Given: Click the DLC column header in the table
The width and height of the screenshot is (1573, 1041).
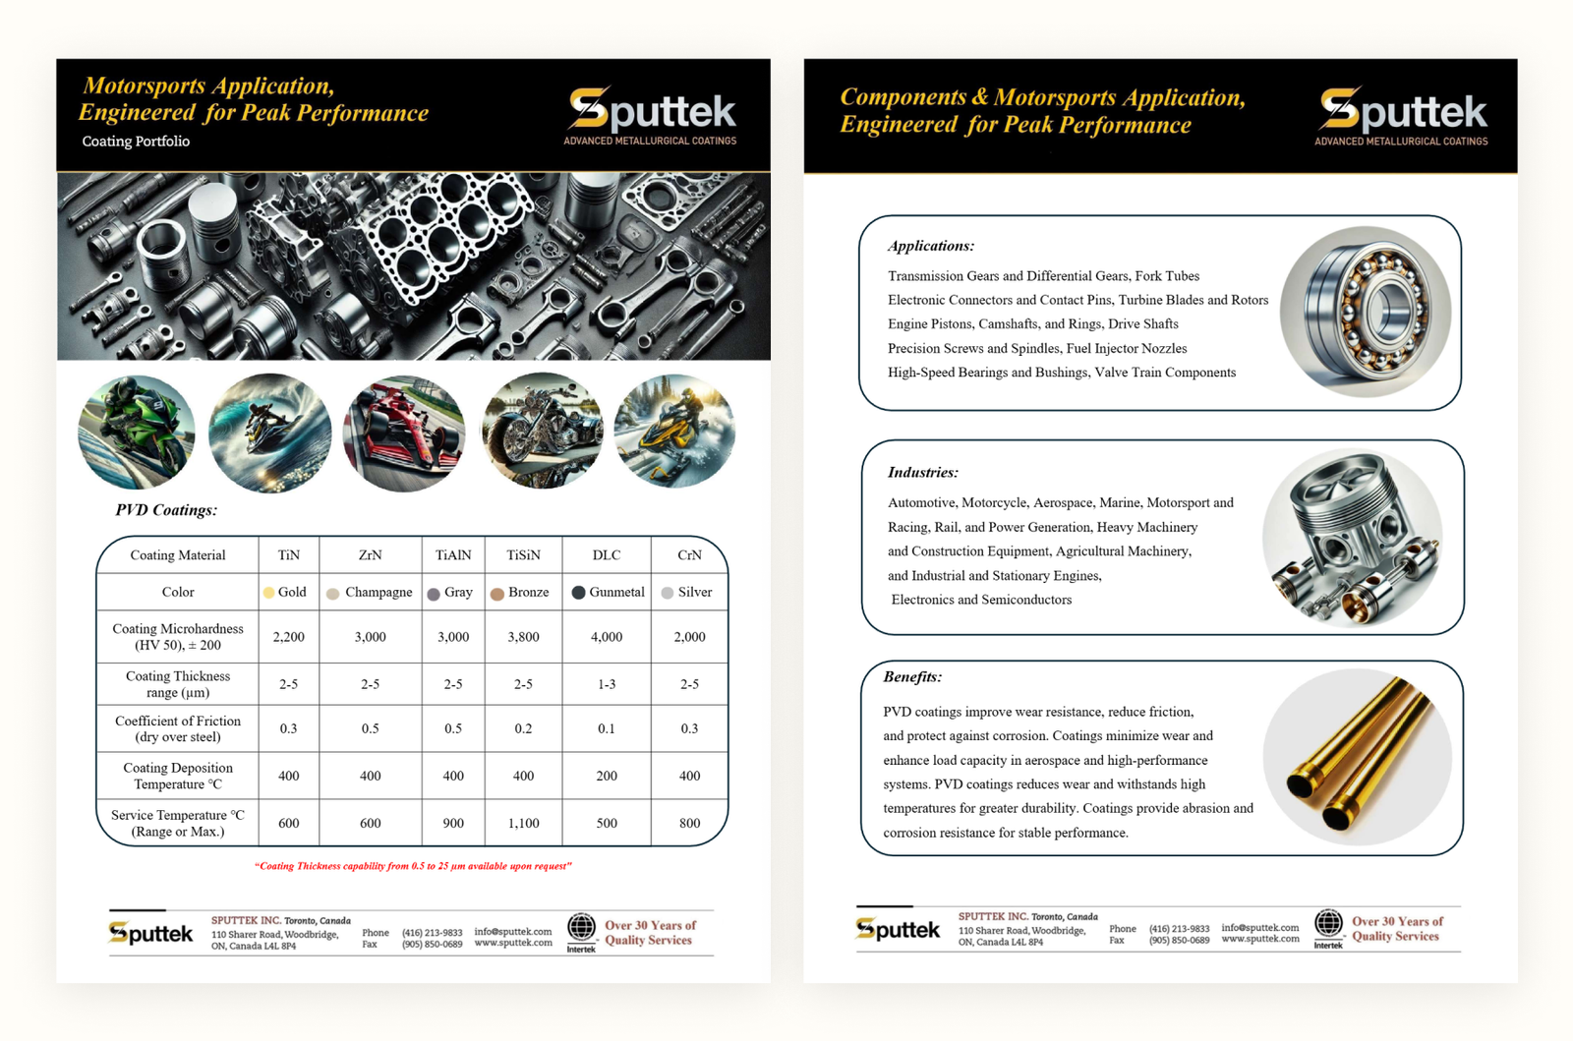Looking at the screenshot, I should (x=607, y=555).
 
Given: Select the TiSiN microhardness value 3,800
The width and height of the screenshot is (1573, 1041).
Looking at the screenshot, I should (x=523, y=637).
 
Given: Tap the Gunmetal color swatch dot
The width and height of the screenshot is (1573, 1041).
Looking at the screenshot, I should (x=579, y=593).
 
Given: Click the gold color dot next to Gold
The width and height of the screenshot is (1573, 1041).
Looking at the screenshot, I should (x=268, y=593).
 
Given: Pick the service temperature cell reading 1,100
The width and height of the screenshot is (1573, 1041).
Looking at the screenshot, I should (x=523, y=824).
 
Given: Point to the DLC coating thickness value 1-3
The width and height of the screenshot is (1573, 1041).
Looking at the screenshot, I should (x=607, y=684).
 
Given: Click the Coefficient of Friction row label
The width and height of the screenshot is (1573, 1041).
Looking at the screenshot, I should (x=178, y=728).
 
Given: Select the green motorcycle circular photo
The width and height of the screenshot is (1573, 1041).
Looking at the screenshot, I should (x=137, y=433).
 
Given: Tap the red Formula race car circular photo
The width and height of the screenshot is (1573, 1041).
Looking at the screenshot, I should (x=404, y=433).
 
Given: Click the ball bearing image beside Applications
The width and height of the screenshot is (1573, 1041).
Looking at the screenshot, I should (x=1367, y=312).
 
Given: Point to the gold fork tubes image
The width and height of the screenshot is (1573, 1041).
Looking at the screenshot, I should (x=1358, y=757).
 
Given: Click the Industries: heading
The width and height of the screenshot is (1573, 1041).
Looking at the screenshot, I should (x=922, y=473).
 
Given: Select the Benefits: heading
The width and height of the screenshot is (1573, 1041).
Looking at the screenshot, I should (x=912, y=677).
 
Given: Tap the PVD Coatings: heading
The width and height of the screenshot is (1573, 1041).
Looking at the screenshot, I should (x=166, y=510).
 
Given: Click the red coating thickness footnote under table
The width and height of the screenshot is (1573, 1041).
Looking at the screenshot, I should (x=413, y=866).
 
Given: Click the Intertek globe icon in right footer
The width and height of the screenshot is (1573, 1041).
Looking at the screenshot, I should (x=1328, y=924).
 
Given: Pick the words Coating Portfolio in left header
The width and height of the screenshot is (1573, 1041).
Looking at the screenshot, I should (x=136, y=142).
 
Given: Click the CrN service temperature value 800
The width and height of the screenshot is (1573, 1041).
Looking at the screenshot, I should (x=689, y=824).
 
